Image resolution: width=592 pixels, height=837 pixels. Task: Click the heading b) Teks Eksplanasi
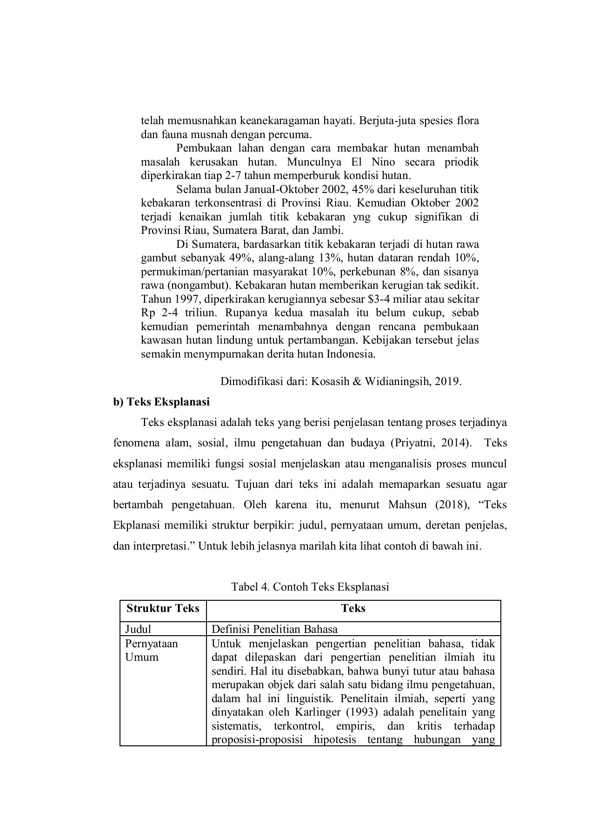pyautogui.click(x=161, y=401)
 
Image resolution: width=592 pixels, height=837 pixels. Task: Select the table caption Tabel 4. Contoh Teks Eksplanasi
pyautogui.click(x=310, y=586)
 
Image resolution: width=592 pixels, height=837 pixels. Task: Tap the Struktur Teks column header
pyautogui.click(x=163, y=608)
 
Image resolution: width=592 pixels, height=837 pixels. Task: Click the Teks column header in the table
pyautogui.click(x=353, y=608)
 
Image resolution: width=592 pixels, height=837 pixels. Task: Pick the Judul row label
pyautogui.click(x=138, y=629)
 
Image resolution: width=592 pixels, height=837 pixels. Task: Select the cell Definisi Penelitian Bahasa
pyautogui.click(x=274, y=629)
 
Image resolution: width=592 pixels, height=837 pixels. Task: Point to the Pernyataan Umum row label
pyautogui.click(x=151, y=650)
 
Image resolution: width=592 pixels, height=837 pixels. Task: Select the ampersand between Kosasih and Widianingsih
pyautogui.click(x=357, y=382)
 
